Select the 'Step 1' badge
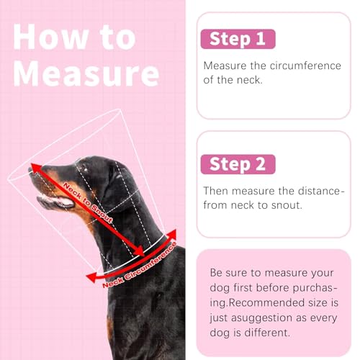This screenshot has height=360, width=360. [x=238, y=38]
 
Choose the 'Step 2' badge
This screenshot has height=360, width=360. [x=238, y=164]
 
